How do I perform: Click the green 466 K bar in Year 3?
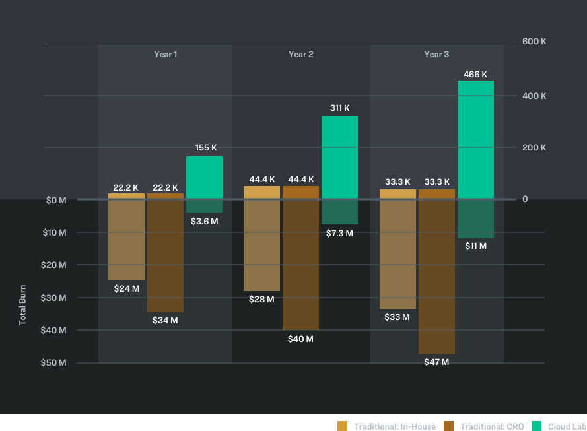coord(475,139)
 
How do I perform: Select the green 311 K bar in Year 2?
coord(339,157)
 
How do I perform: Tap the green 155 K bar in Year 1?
coord(204,177)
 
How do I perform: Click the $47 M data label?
coord(436,362)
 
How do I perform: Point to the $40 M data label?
coord(300,339)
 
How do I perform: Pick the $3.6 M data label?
coord(204,221)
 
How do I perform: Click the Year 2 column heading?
coord(301,54)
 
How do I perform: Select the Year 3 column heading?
coord(436,54)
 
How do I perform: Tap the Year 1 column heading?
coord(165,54)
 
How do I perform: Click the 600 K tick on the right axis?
coord(534,41)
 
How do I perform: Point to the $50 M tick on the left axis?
coord(54,362)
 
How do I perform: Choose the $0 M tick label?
coord(56,200)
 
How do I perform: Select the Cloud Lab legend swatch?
coord(536,426)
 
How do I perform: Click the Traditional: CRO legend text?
coord(492,426)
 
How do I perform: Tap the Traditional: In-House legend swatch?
coord(342,426)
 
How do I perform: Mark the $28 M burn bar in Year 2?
coord(261,245)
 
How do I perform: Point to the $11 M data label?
coord(475,246)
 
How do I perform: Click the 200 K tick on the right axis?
coord(534,147)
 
